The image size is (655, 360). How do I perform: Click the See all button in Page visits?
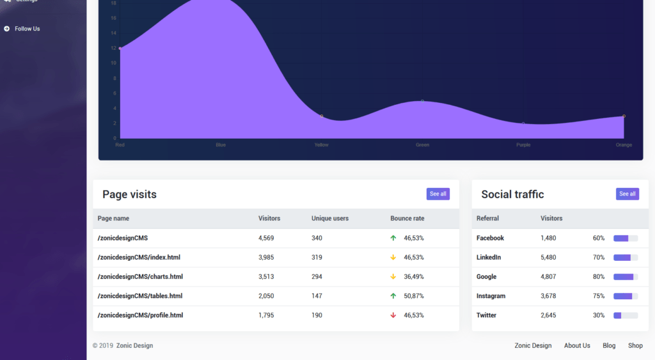[x=438, y=194]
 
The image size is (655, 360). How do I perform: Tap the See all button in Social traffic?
[x=627, y=194]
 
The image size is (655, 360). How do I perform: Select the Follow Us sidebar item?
[x=27, y=29]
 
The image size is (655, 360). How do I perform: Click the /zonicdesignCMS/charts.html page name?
[x=140, y=277]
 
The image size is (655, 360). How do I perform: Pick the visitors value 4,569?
[x=266, y=238]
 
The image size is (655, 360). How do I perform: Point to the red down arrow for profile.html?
[x=393, y=315]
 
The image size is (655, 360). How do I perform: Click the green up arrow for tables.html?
[x=393, y=296]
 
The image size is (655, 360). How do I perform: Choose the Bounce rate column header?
[x=407, y=219]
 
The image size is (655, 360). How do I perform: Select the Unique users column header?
[x=330, y=219]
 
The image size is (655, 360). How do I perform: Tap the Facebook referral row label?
[x=490, y=238]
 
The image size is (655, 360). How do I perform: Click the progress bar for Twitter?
[x=626, y=315]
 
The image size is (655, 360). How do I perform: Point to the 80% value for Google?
[x=599, y=277]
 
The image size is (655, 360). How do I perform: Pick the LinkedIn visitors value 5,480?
[x=548, y=257]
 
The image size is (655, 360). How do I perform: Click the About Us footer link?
[x=577, y=346]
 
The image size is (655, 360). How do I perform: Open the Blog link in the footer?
[x=609, y=346]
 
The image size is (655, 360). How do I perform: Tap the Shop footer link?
[x=635, y=346]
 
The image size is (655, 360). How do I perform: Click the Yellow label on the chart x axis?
[x=321, y=145]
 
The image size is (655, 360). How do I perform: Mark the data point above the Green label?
[x=422, y=101]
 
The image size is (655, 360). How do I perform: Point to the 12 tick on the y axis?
[x=113, y=48]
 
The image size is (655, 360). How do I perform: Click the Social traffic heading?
[x=512, y=194]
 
